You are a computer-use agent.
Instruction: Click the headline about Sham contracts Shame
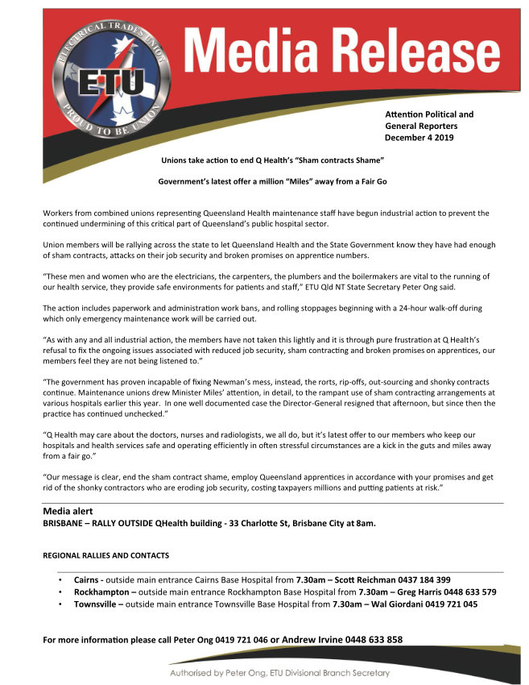274,161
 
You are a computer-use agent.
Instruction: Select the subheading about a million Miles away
273,181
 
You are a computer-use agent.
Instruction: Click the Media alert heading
68,512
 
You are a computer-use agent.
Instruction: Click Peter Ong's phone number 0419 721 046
237,640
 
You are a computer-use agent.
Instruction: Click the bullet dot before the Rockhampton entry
60,592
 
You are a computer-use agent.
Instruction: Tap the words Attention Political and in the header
429,114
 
